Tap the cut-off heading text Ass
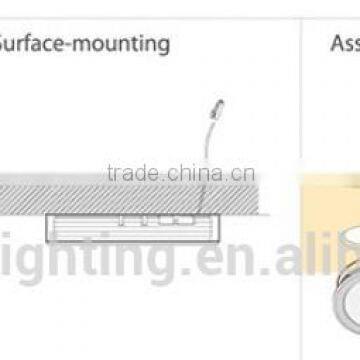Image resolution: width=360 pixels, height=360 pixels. click(x=346, y=44)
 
